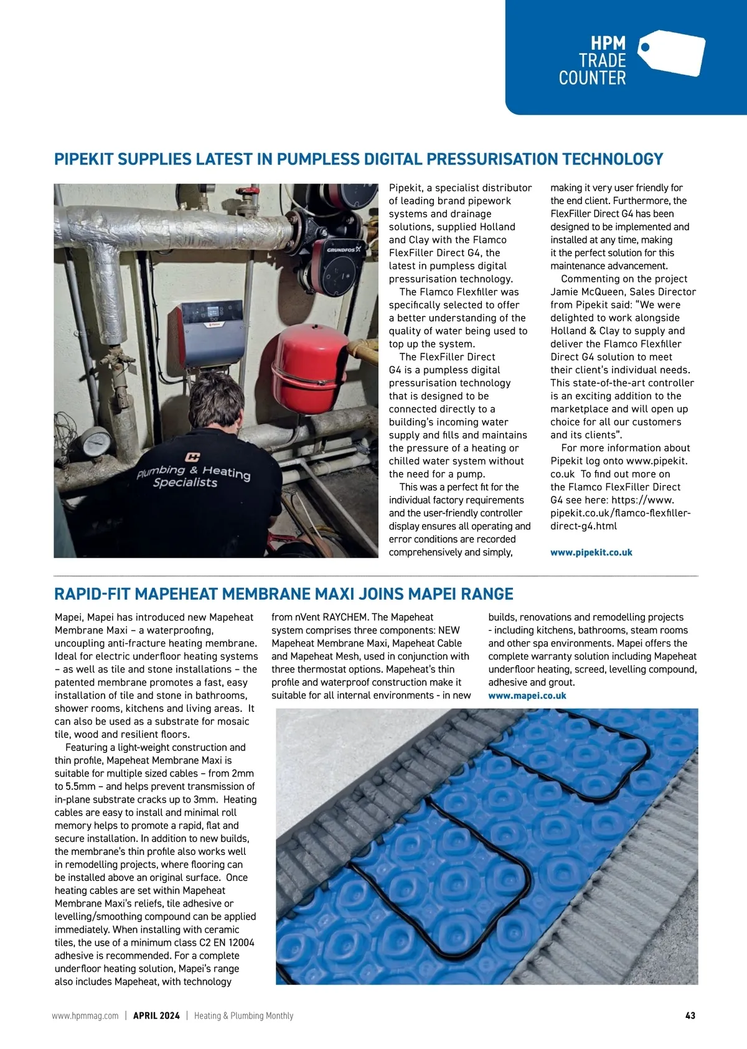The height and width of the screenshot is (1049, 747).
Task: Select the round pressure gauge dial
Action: pyautogui.click(x=96, y=444)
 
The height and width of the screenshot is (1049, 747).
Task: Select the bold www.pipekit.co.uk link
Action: pyautogui.click(x=591, y=552)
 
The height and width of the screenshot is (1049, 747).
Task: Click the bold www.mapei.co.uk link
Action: pyautogui.click(x=527, y=696)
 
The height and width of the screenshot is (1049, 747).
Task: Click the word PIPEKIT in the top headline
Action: pyautogui.click(x=83, y=159)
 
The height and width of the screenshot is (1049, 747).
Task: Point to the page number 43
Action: pyautogui.click(x=690, y=1015)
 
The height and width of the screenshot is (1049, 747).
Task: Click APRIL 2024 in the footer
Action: pyautogui.click(x=156, y=1015)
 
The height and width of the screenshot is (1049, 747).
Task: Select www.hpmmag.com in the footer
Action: pyautogui.click(x=85, y=1015)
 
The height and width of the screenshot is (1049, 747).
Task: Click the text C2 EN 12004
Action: pyautogui.click(x=227, y=943)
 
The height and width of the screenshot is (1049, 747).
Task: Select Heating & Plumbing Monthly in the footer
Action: pyautogui.click(x=243, y=1015)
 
